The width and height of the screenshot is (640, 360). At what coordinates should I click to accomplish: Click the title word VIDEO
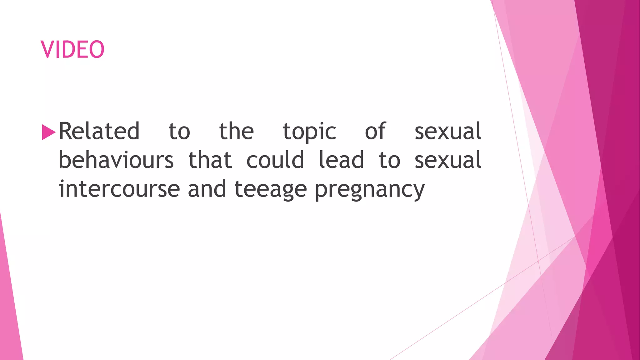coord(72,49)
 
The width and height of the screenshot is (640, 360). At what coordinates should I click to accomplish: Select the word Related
coord(99,131)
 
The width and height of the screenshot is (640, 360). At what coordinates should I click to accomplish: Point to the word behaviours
coord(116,160)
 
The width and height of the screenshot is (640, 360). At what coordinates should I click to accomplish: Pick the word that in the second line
coord(210,160)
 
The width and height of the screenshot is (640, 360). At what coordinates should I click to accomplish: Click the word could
coord(275,160)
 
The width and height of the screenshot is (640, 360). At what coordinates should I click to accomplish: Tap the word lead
coord(341,160)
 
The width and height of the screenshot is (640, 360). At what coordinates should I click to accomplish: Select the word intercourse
coord(119,189)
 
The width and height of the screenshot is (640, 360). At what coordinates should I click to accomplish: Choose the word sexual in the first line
coord(448,131)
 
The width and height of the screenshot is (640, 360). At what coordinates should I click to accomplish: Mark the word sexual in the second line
coord(448,160)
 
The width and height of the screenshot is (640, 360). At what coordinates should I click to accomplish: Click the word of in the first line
coord(375,131)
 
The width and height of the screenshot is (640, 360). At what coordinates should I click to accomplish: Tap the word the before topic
coord(236,131)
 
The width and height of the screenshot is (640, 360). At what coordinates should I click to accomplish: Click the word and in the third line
coord(207,189)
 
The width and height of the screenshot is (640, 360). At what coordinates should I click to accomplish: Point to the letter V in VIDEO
coord(47,49)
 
